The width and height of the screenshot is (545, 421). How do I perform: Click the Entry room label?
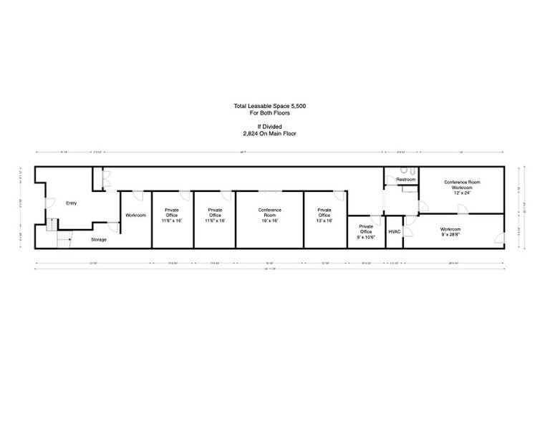71,203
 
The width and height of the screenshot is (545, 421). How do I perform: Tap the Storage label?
98,239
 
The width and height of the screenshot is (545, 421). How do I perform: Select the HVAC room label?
394,231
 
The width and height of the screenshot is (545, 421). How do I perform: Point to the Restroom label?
405,180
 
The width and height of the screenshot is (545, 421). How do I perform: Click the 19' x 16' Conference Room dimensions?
270,221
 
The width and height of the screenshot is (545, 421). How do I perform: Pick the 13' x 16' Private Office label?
324,221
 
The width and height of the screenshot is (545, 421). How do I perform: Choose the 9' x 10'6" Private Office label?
366,237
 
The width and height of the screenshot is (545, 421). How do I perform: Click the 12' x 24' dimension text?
462,193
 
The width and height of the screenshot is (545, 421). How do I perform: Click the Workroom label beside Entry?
135,215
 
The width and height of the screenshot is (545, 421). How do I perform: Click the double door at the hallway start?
105,179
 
